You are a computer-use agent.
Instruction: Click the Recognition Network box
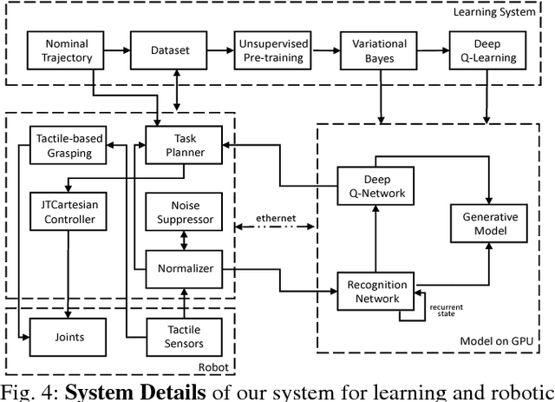[375, 292]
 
